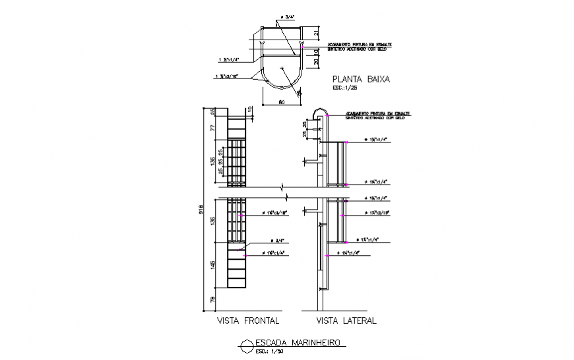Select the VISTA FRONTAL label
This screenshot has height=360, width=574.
248,321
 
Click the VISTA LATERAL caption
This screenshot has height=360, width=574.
346,321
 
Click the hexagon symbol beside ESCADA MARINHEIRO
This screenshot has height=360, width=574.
245,344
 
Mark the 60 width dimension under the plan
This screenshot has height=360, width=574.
281,102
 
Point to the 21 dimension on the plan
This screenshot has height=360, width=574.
316,34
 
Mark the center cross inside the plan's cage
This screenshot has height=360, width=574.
282,68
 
